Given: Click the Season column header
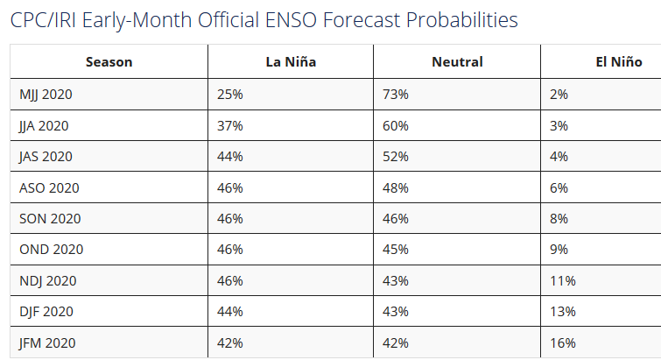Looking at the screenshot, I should (x=109, y=61).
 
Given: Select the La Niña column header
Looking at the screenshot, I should (x=291, y=61).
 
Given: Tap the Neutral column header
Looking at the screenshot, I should (x=457, y=61).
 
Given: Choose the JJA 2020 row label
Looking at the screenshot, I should (x=44, y=125).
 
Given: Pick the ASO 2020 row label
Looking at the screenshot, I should (x=49, y=187).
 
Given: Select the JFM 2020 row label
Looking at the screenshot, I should (x=48, y=342).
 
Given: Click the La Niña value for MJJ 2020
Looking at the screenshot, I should (x=230, y=94).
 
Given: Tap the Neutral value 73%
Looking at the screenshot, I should (x=397, y=94).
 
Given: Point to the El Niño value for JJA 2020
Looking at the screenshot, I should (x=559, y=125).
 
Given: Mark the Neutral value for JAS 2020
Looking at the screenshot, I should (x=397, y=156).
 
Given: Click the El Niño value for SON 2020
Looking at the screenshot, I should (x=559, y=218).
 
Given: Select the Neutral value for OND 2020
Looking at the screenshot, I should (x=397, y=250).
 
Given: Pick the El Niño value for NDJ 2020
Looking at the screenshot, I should (x=562, y=280).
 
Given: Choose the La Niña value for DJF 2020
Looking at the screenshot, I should (x=230, y=312).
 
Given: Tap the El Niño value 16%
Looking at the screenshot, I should (x=562, y=342).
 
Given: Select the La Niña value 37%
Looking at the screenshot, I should (x=230, y=125).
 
